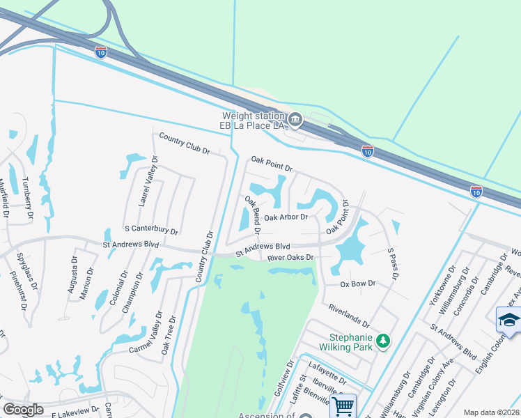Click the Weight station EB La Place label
click(x=254, y=121)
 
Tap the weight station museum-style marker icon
click(x=295, y=121)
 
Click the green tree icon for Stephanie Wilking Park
click(x=382, y=341)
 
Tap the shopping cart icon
click(x=343, y=405)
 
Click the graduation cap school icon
click(x=508, y=320)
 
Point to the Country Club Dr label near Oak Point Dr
click(x=185, y=142)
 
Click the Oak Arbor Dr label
click(x=286, y=217)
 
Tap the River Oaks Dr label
click(x=291, y=258)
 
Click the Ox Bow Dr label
click(x=358, y=284)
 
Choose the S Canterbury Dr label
click(x=151, y=229)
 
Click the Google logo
click(x=23, y=410)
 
